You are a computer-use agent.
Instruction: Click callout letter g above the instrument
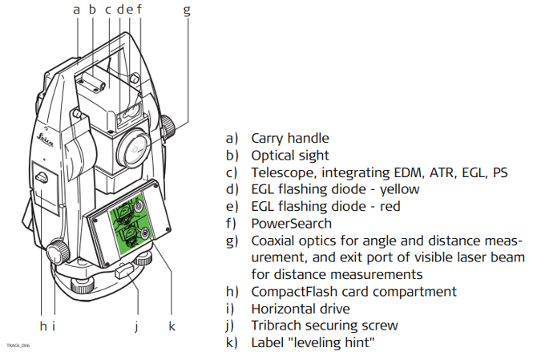pyautogui.click(x=187, y=10)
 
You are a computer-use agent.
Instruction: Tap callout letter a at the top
pyautogui.click(x=76, y=10)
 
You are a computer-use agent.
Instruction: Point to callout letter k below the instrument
pyautogui.click(x=172, y=326)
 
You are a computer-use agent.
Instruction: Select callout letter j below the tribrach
pyautogui.click(x=137, y=326)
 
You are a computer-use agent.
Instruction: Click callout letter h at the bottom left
pyautogui.click(x=42, y=326)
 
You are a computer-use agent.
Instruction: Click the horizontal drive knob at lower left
pyautogui.click(x=57, y=252)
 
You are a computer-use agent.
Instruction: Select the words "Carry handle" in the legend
pyautogui.click(x=289, y=139)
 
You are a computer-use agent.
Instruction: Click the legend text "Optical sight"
pyautogui.click(x=290, y=156)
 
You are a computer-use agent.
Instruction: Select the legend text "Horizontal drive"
pyautogui.click(x=301, y=309)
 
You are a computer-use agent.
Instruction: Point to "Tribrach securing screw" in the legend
pyautogui.click(x=325, y=326)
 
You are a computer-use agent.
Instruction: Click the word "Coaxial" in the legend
pyautogui.click(x=274, y=241)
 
